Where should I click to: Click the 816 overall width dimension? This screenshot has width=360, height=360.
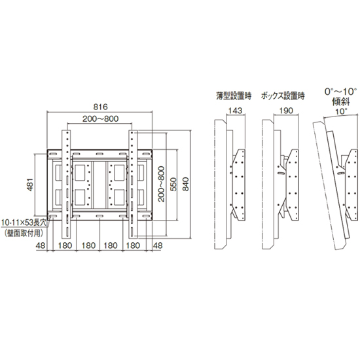pos(100,107)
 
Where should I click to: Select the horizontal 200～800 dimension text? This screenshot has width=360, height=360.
pos(101,118)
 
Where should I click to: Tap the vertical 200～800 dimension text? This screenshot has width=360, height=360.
pos(162,184)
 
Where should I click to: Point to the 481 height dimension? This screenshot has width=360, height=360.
pos(31,185)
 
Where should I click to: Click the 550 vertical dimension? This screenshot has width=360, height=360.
pos(173,185)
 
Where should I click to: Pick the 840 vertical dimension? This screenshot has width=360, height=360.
pos(186,184)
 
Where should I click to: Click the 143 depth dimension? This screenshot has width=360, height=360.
pos(236,111)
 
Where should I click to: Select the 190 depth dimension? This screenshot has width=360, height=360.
pos(286,111)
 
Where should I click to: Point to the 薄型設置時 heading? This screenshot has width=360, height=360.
pos(234,96)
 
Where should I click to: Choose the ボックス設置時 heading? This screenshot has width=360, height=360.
pos(283,96)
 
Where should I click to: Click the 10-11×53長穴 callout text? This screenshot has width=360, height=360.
pos(24,223)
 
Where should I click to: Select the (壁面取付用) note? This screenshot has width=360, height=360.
pos(24,234)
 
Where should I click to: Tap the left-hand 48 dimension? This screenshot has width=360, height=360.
pos(41,245)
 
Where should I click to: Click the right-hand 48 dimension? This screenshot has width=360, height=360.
pos(158,245)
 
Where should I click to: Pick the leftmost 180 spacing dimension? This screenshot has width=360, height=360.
pos(65,245)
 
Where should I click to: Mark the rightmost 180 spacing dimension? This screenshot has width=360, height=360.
pos(133,245)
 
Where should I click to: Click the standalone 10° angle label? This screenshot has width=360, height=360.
pos(342,111)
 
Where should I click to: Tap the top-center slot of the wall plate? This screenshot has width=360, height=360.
pos(99,154)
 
